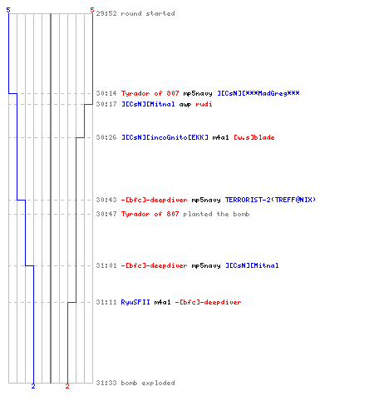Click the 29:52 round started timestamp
click(x=106, y=13)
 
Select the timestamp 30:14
click(x=106, y=93)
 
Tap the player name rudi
click(x=204, y=104)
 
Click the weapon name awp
click(x=185, y=105)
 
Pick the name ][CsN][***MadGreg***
click(x=258, y=93)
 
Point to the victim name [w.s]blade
click(x=254, y=137)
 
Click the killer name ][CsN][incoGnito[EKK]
click(x=165, y=137)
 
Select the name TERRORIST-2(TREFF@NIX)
click(x=270, y=200)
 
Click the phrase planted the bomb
click(x=216, y=214)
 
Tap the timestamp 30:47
click(x=106, y=214)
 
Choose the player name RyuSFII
click(x=135, y=302)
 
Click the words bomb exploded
click(x=148, y=383)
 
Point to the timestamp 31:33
click(x=106, y=383)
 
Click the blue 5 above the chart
click(x=8, y=10)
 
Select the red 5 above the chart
click(x=92, y=10)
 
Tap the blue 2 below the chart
click(x=33, y=386)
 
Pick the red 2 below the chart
click(x=67, y=386)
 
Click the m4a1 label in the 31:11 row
click(x=162, y=302)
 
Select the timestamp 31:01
click(x=106, y=265)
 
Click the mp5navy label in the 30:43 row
click(x=206, y=200)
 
